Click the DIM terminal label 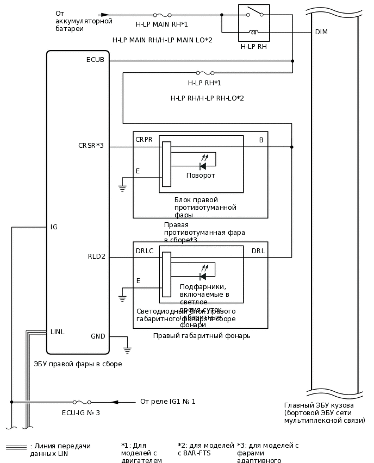[x=321, y=32]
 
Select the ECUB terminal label [x=95, y=60]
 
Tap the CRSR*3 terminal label [x=91, y=146]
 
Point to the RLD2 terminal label [x=96, y=256]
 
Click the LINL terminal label [x=57, y=332]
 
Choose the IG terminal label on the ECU [x=54, y=227]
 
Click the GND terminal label [x=98, y=336]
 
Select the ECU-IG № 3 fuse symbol [x=82, y=402]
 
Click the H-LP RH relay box [x=254, y=23]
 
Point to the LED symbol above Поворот [x=203, y=165]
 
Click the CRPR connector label [x=144, y=140]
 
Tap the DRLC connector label [x=145, y=251]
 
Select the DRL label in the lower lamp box [x=258, y=251]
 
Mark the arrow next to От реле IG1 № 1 [x=114, y=402]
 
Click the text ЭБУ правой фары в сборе [x=78, y=364]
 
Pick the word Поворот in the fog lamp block [x=201, y=176]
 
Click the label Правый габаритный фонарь [x=201, y=336]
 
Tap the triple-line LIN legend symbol [x=16, y=447]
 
